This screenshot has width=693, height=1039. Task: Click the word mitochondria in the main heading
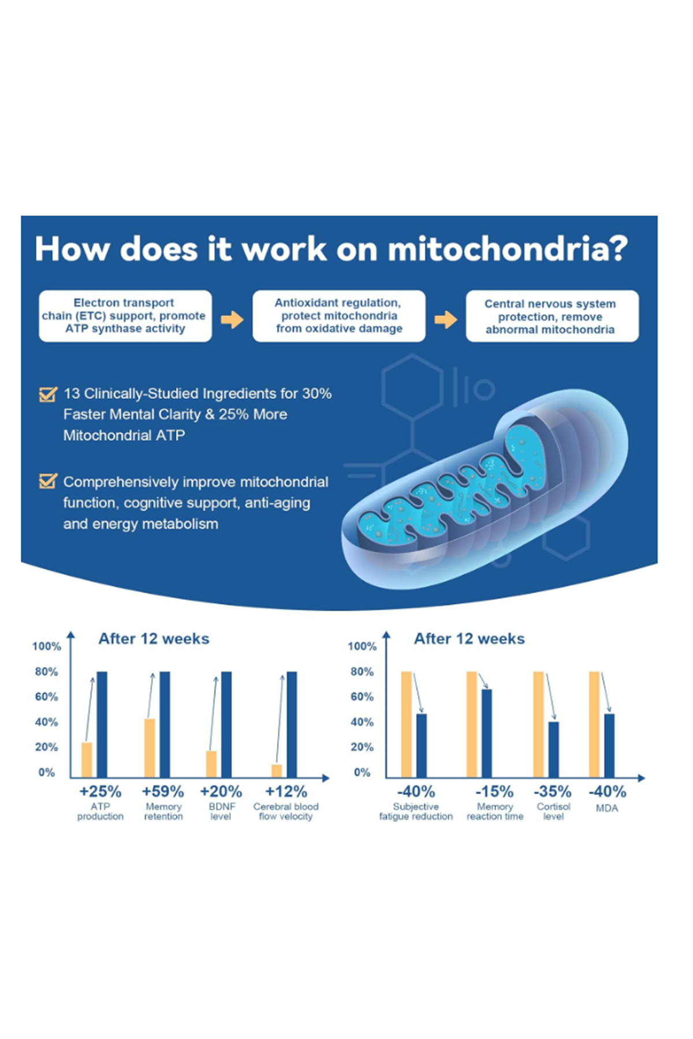point(507,249)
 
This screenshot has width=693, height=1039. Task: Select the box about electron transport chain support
point(125,316)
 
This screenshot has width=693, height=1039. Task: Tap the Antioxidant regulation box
point(339,316)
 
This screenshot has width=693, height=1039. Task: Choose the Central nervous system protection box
point(552,316)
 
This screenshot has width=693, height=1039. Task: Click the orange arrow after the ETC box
point(232,319)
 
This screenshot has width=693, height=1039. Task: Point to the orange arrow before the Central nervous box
point(446,319)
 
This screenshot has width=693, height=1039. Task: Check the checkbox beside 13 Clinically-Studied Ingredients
point(48,394)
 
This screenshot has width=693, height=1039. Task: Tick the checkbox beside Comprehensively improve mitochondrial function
point(48,481)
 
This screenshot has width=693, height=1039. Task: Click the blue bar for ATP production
point(102,724)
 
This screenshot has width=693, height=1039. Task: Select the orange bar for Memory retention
point(150,748)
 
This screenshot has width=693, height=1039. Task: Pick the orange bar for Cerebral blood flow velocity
point(277,771)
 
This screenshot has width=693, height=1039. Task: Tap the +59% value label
point(163,791)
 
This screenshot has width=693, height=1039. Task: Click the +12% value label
point(286,791)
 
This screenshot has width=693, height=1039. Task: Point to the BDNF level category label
point(221,811)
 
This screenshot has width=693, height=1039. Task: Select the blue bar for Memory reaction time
point(487,733)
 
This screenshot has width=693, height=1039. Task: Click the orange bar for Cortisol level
point(538,724)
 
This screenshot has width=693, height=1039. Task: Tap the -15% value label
point(494,791)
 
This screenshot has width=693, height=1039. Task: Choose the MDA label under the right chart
point(607,808)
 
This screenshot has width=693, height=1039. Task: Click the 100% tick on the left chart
point(47,646)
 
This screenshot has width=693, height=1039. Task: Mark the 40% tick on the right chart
point(362,722)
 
